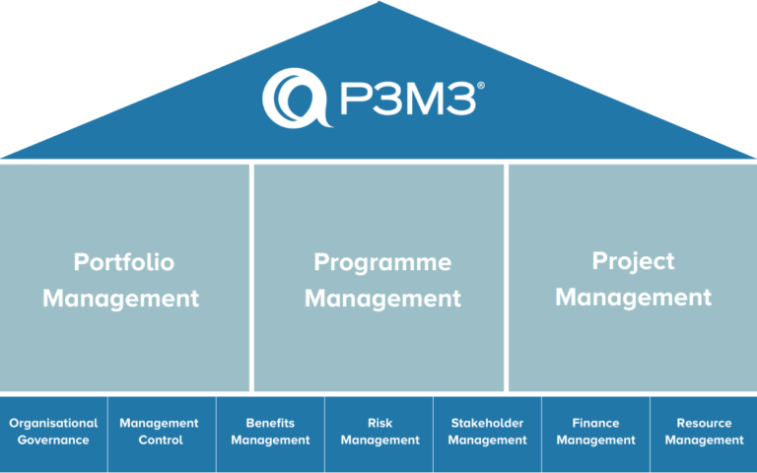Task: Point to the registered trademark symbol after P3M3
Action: click(x=480, y=87)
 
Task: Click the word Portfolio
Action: click(x=124, y=263)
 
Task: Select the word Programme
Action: click(x=382, y=263)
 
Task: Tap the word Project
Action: click(x=633, y=261)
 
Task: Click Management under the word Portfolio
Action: click(x=120, y=298)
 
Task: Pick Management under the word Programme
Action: click(x=382, y=298)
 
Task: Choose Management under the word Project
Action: click(x=633, y=296)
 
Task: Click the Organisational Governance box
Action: click(x=53, y=433)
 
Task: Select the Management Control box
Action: click(x=161, y=433)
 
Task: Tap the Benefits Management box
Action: click(x=270, y=433)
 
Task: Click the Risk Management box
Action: click(x=379, y=433)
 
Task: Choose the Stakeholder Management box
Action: click(x=487, y=433)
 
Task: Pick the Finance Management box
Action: click(x=595, y=433)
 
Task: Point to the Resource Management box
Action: click(x=704, y=433)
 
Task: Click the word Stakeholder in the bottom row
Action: click(x=487, y=424)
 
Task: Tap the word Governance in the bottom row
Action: click(x=53, y=440)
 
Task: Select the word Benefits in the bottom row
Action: click(x=270, y=424)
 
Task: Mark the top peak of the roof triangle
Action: click(x=378, y=3)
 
